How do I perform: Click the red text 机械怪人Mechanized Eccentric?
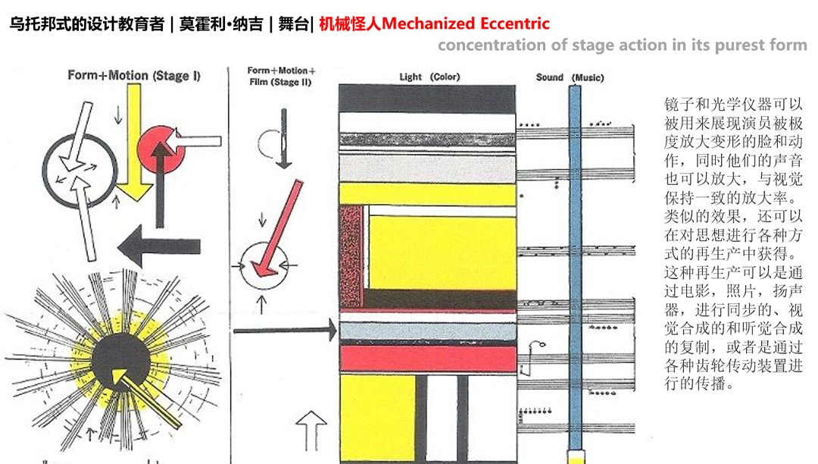tap(434, 24)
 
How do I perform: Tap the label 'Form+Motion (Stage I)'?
tap(133, 76)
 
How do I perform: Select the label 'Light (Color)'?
tap(429, 77)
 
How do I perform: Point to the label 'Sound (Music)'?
tap(570, 77)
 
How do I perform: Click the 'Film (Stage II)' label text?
tap(281, 82)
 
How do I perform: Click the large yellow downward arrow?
tap(135, 144)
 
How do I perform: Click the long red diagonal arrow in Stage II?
tap(274, 227)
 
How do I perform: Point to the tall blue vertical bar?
tap(575, 265)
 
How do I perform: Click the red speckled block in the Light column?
tap(351, 258)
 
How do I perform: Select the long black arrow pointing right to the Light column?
tap(284, 330)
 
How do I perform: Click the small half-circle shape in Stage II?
tap(270, 141)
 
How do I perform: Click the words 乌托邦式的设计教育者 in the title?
tap(87, 24)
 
